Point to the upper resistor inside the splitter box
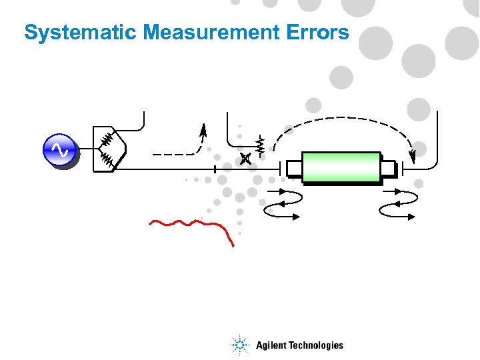[107, 139]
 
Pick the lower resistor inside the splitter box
[107, 159]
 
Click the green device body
[341, 167]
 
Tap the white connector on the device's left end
[294, 169]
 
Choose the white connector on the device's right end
[388, 167]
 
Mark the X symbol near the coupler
[246, 158]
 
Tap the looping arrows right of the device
[397, 203]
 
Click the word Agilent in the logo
[272, 345]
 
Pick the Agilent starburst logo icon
[239, 345]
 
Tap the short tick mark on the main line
[215, 168]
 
